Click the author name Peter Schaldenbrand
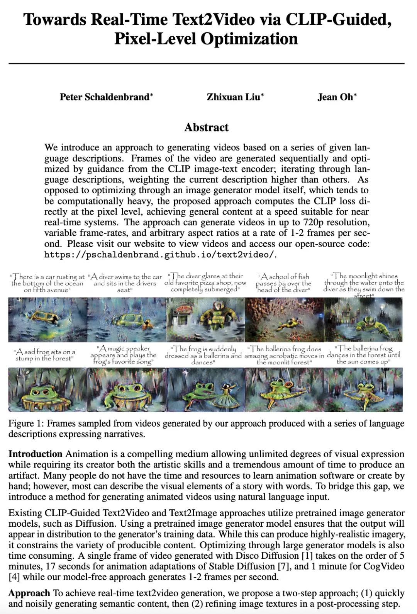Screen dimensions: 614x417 [105, 97]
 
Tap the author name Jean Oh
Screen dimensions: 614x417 [336, 97]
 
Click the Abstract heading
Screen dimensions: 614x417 [206, 127]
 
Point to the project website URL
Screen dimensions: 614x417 [160, 255]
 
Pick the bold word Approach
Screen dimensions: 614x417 [29, 593]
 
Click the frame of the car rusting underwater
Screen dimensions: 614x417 [47, 320]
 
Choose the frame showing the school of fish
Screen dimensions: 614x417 [284, 320]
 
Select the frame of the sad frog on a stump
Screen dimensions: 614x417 [47, 389]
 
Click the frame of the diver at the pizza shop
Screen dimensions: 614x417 [205, 320]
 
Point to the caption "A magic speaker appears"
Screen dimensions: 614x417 [124, 355]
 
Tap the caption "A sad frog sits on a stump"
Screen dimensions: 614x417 [44, 355]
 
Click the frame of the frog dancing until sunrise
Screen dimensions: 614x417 [363, 389]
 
